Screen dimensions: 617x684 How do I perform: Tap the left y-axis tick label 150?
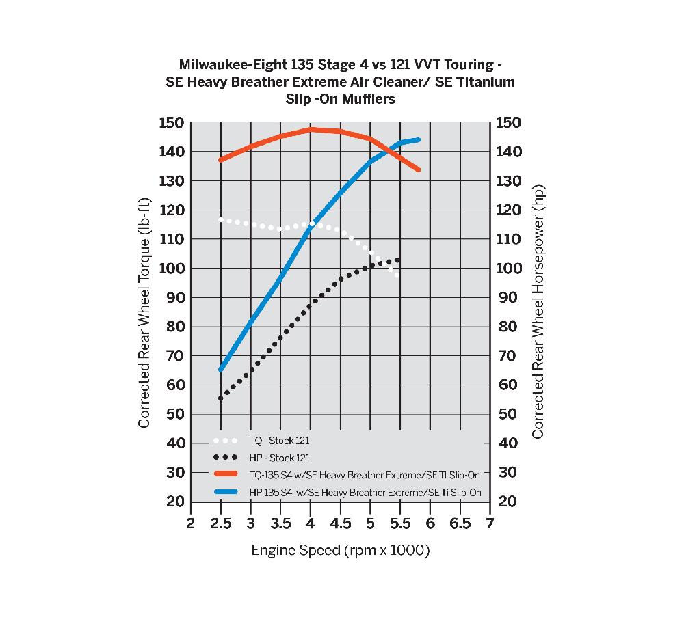[x=171, y=123]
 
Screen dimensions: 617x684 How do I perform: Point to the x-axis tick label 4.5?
[x=341, y=524]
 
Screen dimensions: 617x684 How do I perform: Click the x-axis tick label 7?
[x=490, y=524]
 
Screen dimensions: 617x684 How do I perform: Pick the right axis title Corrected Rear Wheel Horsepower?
[x=538, y=312]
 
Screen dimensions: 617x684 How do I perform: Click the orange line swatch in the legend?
[x=225, y=474]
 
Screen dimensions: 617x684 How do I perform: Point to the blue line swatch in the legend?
[x=225, y=492]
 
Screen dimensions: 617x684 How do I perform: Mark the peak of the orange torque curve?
[x=311, y=129]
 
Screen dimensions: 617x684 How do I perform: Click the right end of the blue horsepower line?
[x=418, y=140]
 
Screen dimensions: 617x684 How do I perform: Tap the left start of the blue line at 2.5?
[x=221, y=369]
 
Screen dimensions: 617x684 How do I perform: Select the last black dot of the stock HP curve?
[x=397, y=260]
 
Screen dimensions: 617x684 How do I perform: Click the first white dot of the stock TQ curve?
[x=221, y=219]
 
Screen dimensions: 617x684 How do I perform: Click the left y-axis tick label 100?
[x=171, y=269]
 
